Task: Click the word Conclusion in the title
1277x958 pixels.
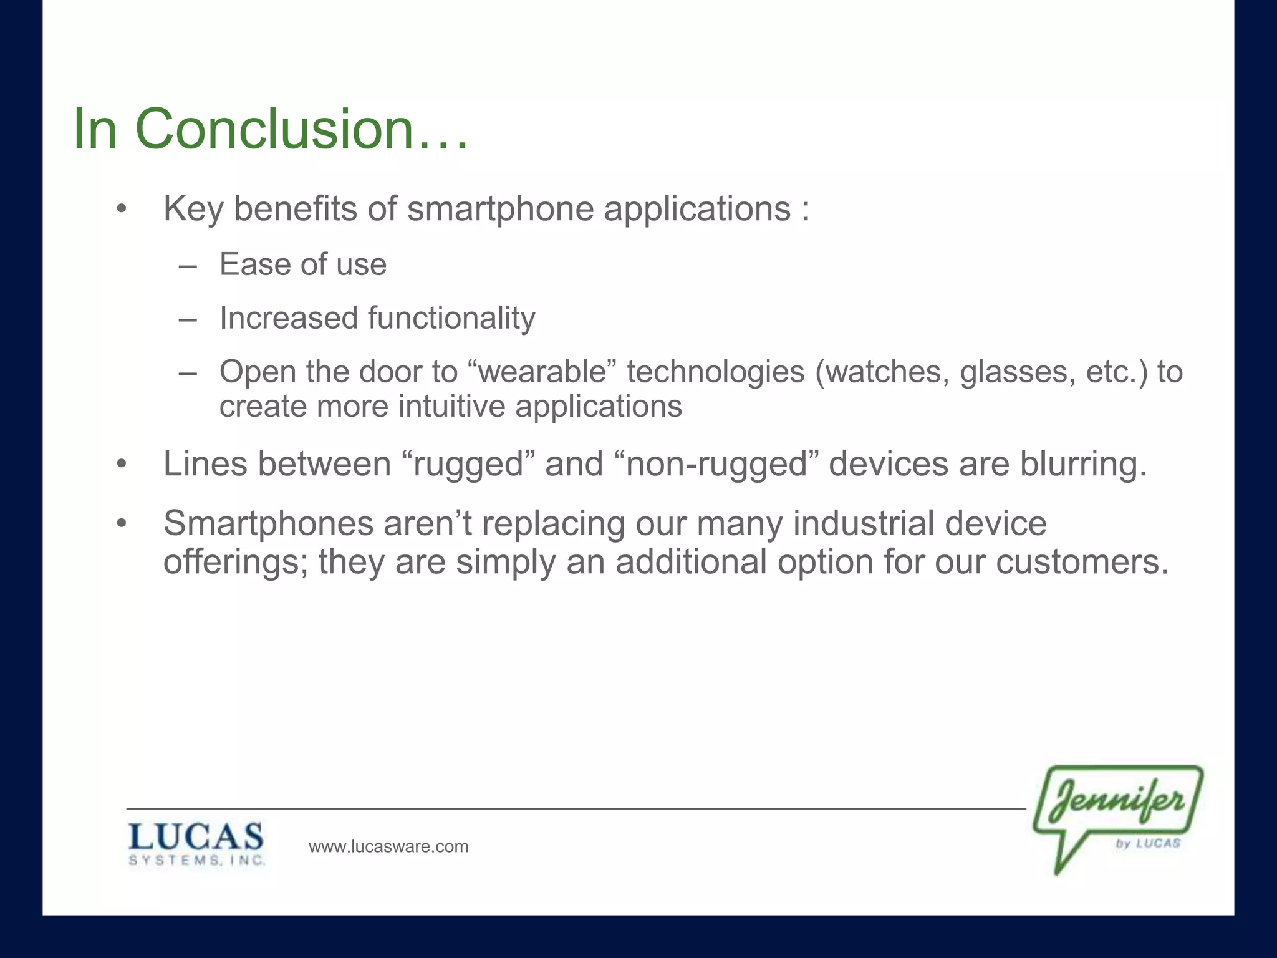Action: pos(274,129)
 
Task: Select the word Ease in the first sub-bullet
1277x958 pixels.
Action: pos(256,264)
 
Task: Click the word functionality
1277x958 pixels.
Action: pos(451,318)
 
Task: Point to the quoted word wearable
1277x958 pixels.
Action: pos(542,372)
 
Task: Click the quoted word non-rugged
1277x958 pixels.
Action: pos(716,465)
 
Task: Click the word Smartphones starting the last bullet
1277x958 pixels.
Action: pos(268,523)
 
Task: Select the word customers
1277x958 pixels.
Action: pos(1082,562)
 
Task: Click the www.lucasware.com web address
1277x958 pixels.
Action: pos(388,846)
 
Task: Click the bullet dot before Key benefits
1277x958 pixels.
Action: pos(122,209)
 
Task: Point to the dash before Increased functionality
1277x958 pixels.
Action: pos(188,320)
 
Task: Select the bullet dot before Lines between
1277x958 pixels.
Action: pos(122,465)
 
